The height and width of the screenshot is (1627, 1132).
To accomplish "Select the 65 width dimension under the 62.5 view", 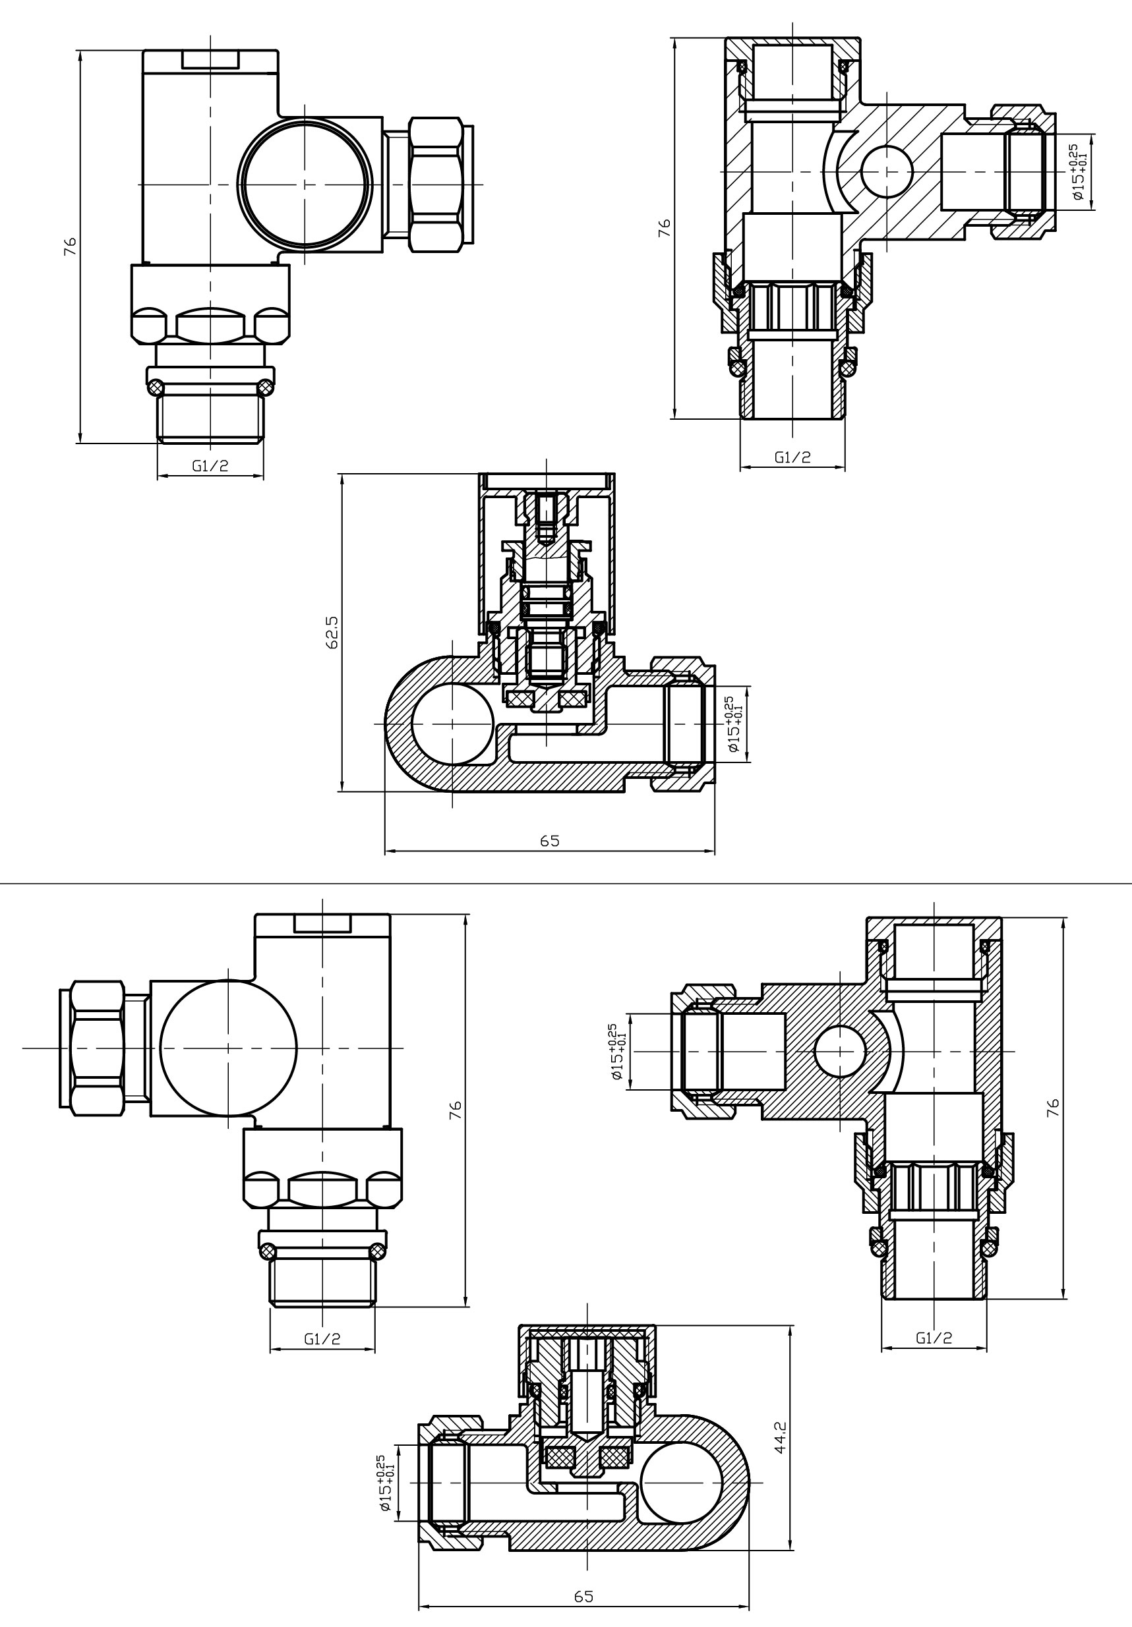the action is click(549, 840).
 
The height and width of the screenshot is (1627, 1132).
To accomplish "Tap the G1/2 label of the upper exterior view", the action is click(210, 466).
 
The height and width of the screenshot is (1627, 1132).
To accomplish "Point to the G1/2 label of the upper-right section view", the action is click(792, 457).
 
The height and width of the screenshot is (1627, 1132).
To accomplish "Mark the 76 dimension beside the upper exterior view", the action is click(69, 246).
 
